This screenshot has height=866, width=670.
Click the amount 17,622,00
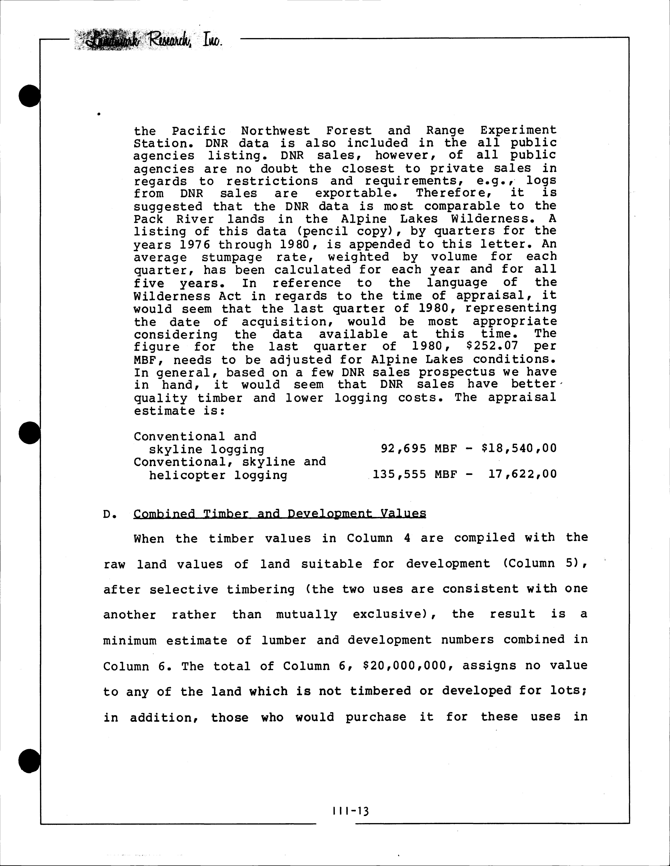(522, 474)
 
